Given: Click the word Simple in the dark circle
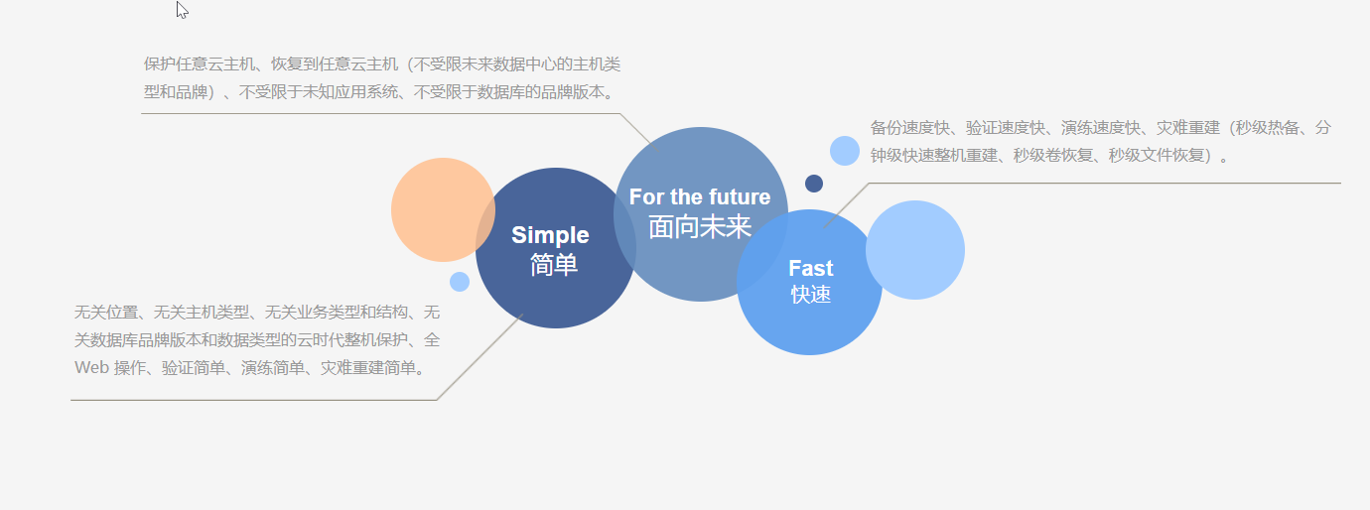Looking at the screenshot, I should tap(550, 235).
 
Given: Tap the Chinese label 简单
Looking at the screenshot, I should tap(554, 265).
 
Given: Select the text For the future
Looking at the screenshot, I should tap(700, 196).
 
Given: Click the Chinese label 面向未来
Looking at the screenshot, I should tap(700, 227).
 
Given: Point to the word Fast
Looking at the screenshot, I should tap(810, 268).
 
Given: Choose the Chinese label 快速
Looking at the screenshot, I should tap(810, 295).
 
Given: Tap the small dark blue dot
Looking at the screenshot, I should tap(814, 184).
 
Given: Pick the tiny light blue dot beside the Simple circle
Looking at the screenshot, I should tap(460, 282).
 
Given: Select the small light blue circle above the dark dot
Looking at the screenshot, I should tap(845, 151).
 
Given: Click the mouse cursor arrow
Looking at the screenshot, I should tap(182, 10).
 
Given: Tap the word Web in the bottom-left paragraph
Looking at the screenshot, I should tap(90, 368).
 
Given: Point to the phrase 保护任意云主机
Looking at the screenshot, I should tap(192, 64).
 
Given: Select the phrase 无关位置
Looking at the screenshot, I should tap(106, 313).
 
